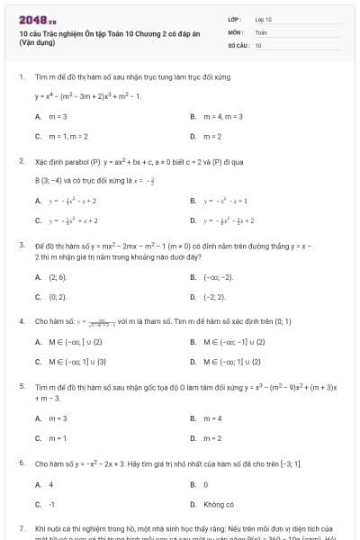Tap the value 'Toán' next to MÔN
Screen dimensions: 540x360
coord(261,31)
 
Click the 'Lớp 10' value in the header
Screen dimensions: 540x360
coord(263,18)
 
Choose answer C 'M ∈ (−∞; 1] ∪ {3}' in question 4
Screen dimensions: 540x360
coord(77,361)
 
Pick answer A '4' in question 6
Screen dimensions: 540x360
coord(50,484)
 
